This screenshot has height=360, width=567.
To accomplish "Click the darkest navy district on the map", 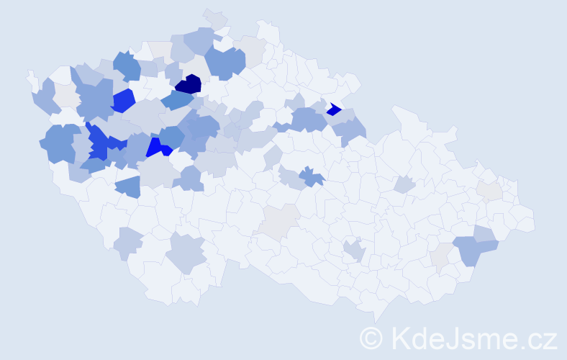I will pyautogui.click(x=189, y=84).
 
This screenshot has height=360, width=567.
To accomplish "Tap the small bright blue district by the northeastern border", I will pyautogui.click(x=333, y=109).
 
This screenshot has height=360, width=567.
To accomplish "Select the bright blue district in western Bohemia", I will pyautogui.click(x=157, y=148).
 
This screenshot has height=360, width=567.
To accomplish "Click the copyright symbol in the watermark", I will pyautogui.click(x=371, y=337).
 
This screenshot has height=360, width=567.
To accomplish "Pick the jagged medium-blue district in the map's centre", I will pyautogui.click(x=312, y=176).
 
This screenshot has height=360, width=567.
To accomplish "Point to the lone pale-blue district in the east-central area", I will pyautogui.click(x=404, y=185).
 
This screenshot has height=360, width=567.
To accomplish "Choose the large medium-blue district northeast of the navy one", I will pyautogui.click(x=224, y=63).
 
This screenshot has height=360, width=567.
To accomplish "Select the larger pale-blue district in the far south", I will pyautogui.click(x=186, y=252).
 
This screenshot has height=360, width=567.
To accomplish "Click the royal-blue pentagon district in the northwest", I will pyautogui.click(x=123, y=100).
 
